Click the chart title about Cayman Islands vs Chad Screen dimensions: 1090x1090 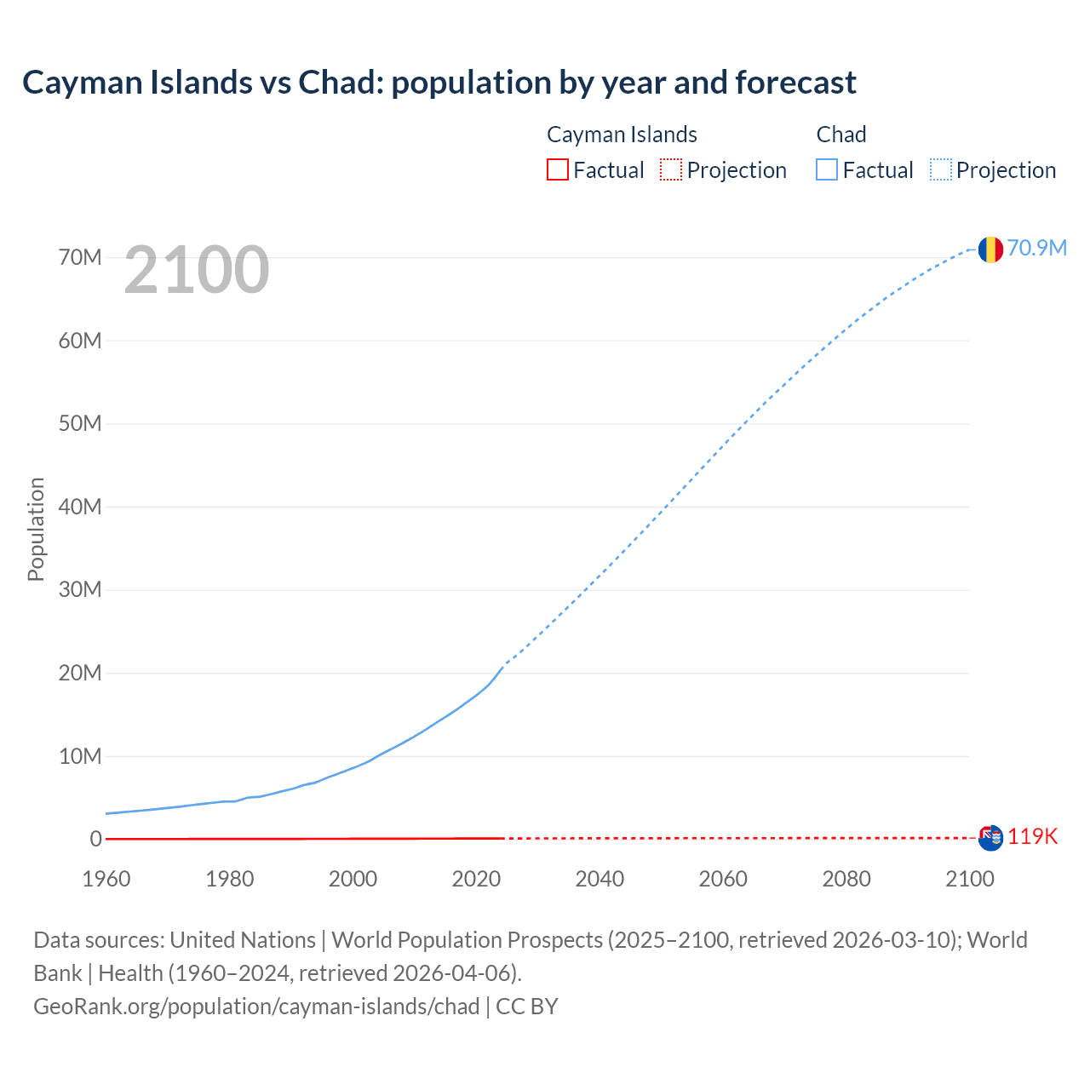pyautogui.click(x=439, y=83)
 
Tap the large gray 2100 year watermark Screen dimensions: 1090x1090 pyautogui.click(x=197, y=270)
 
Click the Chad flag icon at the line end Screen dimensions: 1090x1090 pyautogui.click(x=990, y=249)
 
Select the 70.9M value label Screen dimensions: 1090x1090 pyautogui.click(x=1036, y=248)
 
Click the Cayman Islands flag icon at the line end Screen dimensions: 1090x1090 pyautogui.click(x=990, y=838)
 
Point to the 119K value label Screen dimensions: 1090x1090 pyautogui.click(x=1032, y=837)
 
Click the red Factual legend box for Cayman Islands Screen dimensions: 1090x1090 pyautogui.click(x=557, y=170)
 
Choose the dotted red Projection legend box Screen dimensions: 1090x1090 pyautogui.click(x=671, y=170)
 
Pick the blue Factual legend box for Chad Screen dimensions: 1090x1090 pyautogui.click(x=827, y=170)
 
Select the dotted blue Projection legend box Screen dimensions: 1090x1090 pyautogui.click(x=941, y=170)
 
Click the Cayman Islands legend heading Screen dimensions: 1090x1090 pyautogui.click(x=622, y=135)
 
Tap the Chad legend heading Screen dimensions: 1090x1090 pyautogui.click(x=840, y=135)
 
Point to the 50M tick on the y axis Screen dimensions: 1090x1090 pyautogui.click(x=80, y=424)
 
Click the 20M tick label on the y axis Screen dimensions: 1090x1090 pyautogui.click(x=80, y=674)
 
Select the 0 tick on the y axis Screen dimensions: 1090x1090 pyautogui.click(x=95, y=840)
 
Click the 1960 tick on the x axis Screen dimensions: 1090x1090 pyautogui.click(x=106, y=879)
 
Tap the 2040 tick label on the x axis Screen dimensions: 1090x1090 pyautogui.click(x=599, y=879)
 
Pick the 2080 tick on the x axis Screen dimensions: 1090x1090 pyautogui.click(x=846, y=879)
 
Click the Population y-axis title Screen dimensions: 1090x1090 pyautogui.click(x=36, y=529)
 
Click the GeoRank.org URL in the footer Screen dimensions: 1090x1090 pyautogui.click(x=256, y=1007)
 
